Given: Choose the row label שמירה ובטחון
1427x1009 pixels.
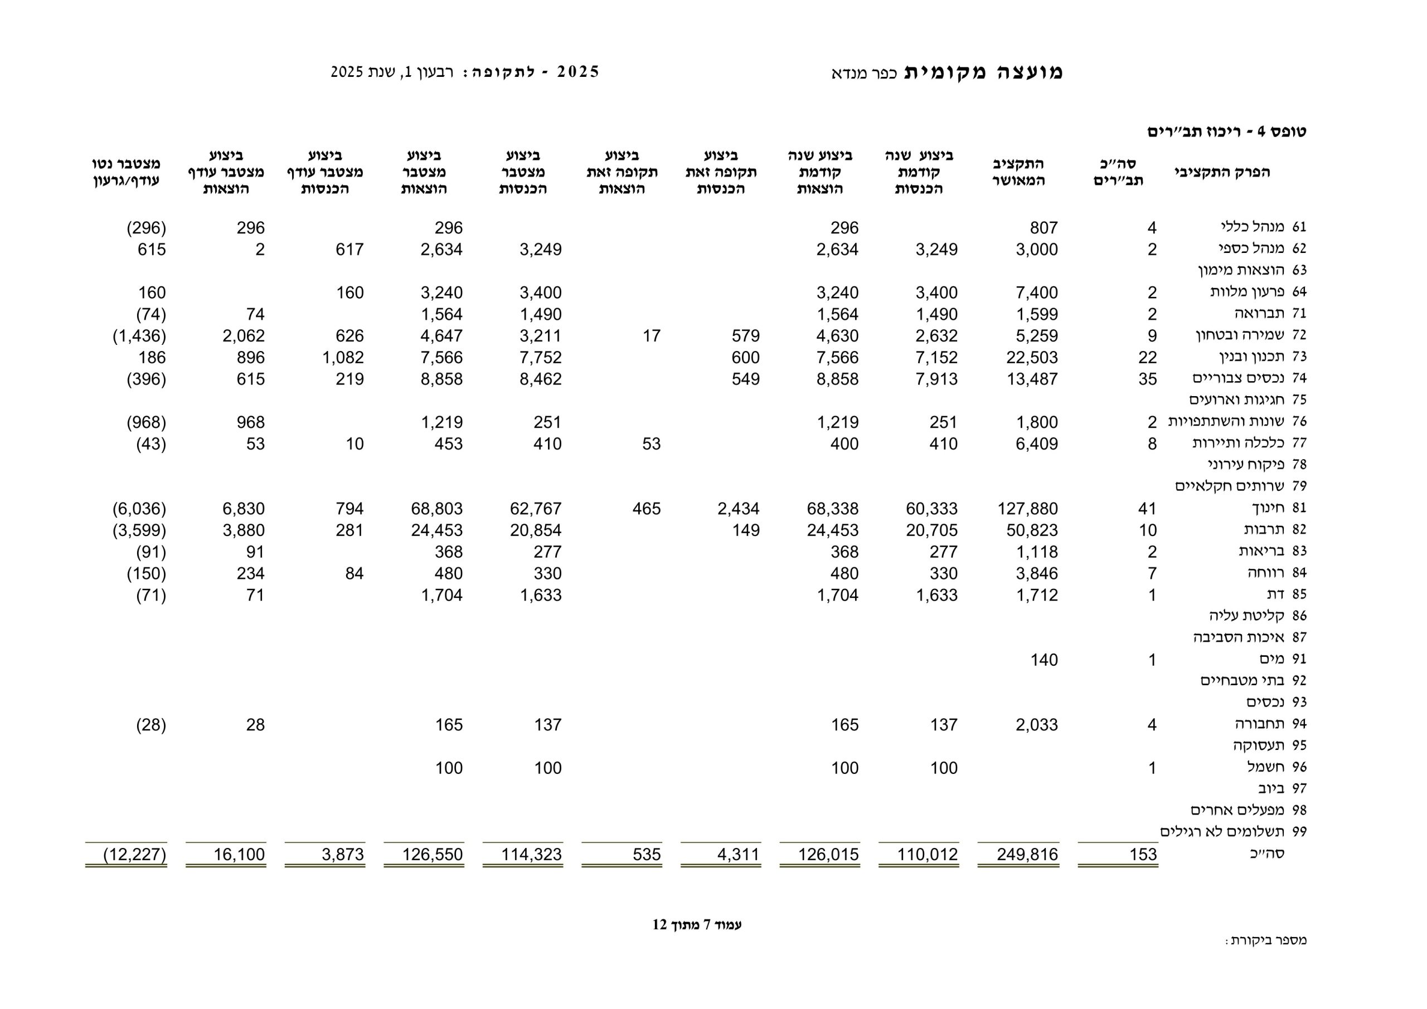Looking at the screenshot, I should coord(1240,335).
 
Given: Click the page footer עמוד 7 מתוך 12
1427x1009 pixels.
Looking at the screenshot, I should coord(697,924).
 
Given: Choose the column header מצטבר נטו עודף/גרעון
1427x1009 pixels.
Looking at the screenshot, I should coord(126,172).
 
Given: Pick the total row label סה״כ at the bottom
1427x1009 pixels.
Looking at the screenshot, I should coord(1266,854).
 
